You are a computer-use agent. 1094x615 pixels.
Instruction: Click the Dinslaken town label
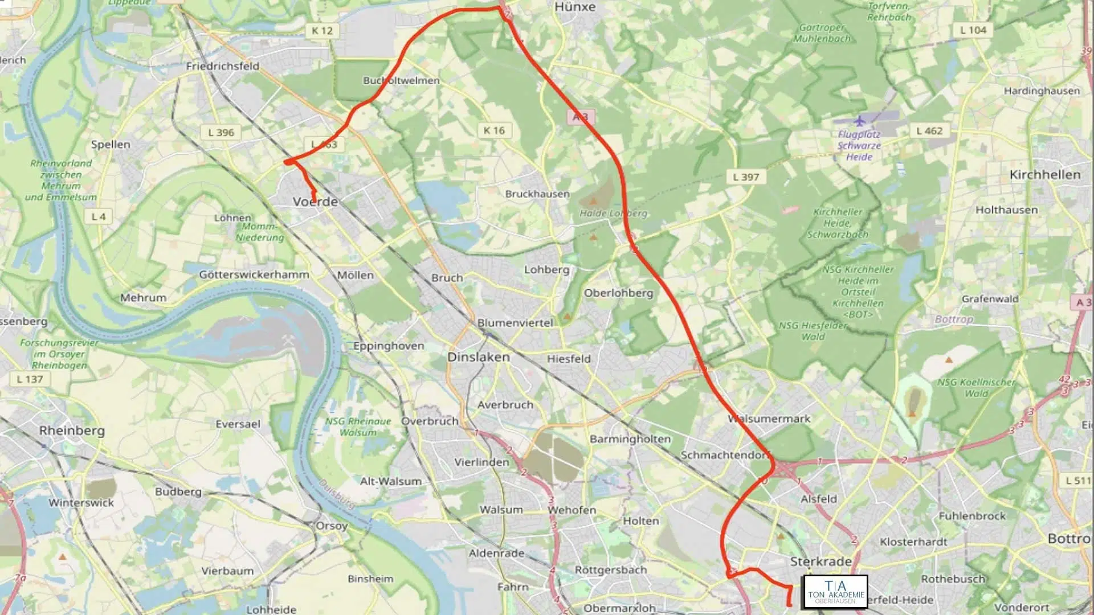(478, 357)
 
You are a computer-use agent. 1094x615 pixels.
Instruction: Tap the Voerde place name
(315, 202)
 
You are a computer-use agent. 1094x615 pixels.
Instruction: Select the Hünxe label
(575, 7)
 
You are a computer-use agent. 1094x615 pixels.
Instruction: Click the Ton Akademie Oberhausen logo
(835, 592)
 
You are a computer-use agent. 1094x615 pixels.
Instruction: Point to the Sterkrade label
(820, 561)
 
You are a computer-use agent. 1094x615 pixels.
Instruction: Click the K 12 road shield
(322, 31)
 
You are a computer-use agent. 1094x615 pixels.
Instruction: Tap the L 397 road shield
(746, 177)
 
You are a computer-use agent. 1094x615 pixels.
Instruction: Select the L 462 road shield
(929, 131)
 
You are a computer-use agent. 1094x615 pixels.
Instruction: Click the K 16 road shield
(494, 130)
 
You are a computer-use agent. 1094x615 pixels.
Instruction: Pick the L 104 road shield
(973, 30)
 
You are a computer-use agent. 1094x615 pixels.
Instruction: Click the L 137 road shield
(30, 379)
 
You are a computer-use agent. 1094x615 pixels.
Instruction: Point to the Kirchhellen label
(1044, 175)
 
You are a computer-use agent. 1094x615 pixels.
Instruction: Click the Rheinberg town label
(72, 430)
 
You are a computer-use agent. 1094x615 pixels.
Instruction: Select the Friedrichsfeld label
(222, 66)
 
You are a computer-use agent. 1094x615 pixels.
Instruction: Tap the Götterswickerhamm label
(254, 274)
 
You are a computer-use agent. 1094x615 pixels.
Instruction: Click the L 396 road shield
(221, 133)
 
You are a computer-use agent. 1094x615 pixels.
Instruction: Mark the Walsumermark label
(769, 419)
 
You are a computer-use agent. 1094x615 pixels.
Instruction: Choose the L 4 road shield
(99, 216)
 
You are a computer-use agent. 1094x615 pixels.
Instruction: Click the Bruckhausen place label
(537, 194)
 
